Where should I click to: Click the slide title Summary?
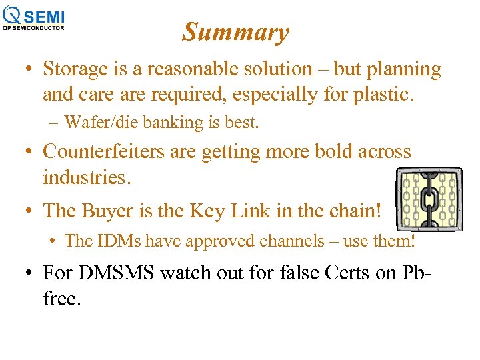pos(235,32)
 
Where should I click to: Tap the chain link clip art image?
pos(429,199)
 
